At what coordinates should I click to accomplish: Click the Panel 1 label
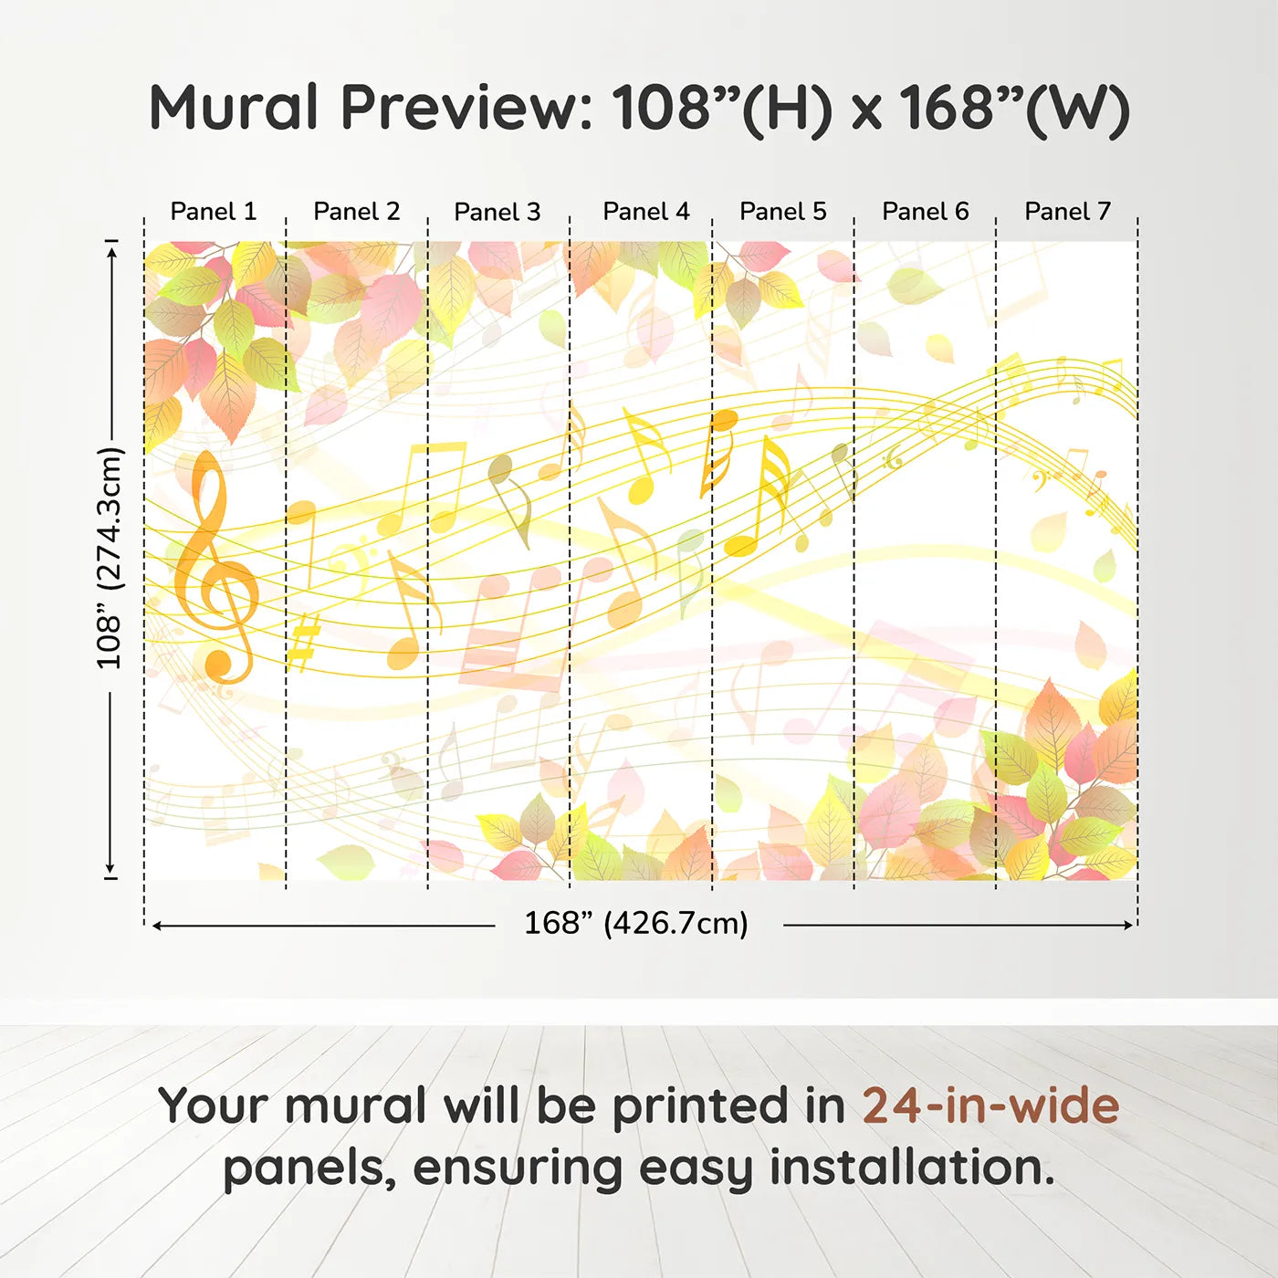click(214, 212)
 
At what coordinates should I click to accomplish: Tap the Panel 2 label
click(356, 212)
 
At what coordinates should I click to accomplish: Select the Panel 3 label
click(498, 212)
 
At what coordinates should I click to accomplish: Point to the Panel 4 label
click(645, 212)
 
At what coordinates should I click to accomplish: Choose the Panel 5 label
click(782, 212)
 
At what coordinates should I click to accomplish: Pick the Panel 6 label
click(925, 212)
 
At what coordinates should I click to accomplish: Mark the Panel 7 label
click(1067, 212)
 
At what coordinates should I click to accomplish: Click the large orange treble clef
click(215, 566)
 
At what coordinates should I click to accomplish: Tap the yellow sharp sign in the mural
click(303, 641)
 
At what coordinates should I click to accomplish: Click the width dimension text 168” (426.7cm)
click(635, 924)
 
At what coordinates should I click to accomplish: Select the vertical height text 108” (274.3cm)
click(110, 559)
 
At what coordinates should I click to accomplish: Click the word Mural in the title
click(234, 108)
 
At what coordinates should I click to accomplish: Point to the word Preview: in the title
click(466, 108)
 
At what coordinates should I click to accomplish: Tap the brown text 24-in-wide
click(990, 1106)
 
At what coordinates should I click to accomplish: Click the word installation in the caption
click(912, 1168)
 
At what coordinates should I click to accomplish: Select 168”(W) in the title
click(1014, 108)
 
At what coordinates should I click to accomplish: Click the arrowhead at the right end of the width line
click(1129, 926)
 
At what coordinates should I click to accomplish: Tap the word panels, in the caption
click(309, 1169)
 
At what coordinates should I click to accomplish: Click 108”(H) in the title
click(722, 108)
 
